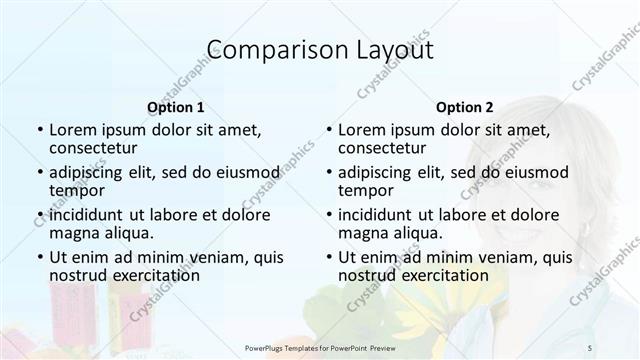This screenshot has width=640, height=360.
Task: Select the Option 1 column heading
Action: click(x=176, y=107)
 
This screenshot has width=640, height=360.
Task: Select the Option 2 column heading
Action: click(x=464, y=107)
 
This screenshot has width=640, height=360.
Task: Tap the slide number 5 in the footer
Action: click(x=590, y=345)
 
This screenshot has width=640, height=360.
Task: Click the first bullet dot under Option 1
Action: click(x=39, y=130)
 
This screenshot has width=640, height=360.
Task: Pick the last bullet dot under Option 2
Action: click(x=328, y=257)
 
